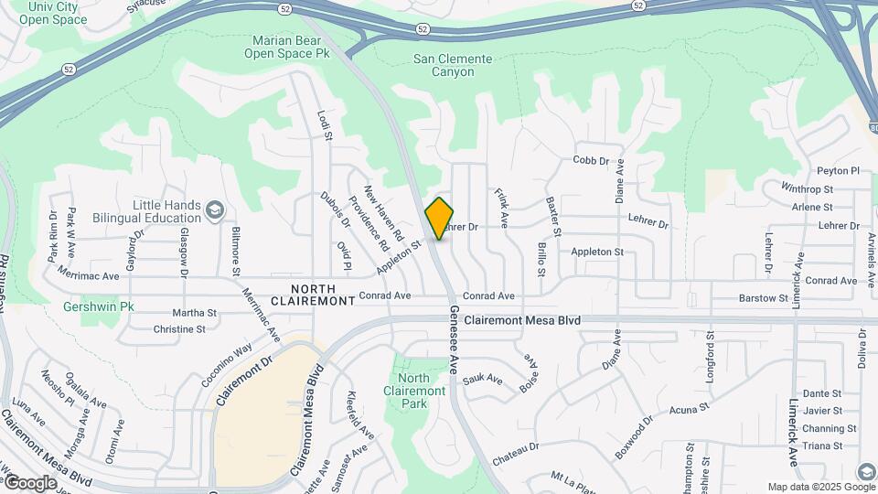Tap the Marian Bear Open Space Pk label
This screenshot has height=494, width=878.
click(x=291, y=47)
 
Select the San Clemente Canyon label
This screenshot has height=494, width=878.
click(x=453, y=66)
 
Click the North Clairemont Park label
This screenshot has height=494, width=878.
click(x=414, y=391)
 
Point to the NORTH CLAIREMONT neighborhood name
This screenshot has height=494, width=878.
click(x=312, y=294)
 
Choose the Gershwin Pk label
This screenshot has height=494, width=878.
click(x=99, y=306)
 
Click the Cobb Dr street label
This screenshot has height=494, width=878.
click(x=591, y=160)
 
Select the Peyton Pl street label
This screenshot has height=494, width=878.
click(x=839, y=170)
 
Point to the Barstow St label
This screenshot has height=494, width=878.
click(x=764, y=298)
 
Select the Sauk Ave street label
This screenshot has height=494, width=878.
click(x=483, y=378)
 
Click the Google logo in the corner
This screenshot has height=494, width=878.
click(x=30, y=482)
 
